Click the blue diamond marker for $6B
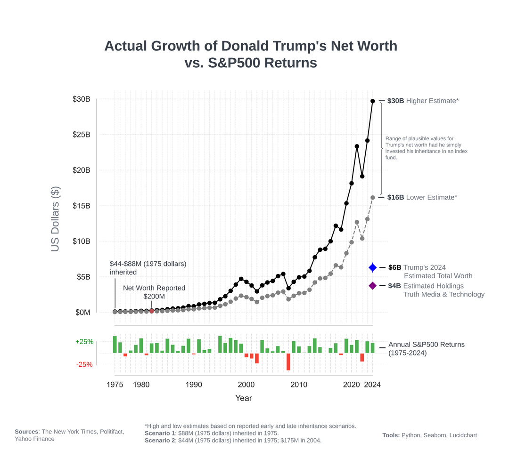pyautogui.click(x=373, y=267)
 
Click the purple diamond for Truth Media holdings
pyautogui.click(x=373, y=286)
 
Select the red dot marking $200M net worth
pyautogui.click(x=152, y=311)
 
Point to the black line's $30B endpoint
pyautogui.click(x=373, y=101)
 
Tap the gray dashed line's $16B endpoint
pyautogui.click(x=373, y=197)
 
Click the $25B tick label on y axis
pyautogui.click(x=82, y=135)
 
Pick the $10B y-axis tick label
pyautogui.click(x=82, y=241)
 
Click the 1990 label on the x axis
pyautogui.click(x=194, y=385)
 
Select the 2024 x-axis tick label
pyautogui.click(x=372, y=385)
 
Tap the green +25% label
pyautogui.click(x=84, y=342)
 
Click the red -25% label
pyautogui.click(x=84, y=364)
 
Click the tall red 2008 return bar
pyautogui.click(x=288, y=362)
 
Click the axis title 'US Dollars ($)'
pyautogui.click(x=55, y=219)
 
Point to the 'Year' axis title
pyautogui.click(x=244, y=398)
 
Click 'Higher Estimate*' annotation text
pyautogui.click(x=432, y=101)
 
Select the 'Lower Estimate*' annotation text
pyautogui.click(x=432, y=197)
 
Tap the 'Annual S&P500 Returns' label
pyautogui.click(x=427, y=345)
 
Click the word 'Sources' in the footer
pyautogui.click(x=26, y=432)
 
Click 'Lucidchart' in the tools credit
pyautogui.click(x=463, y=435)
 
